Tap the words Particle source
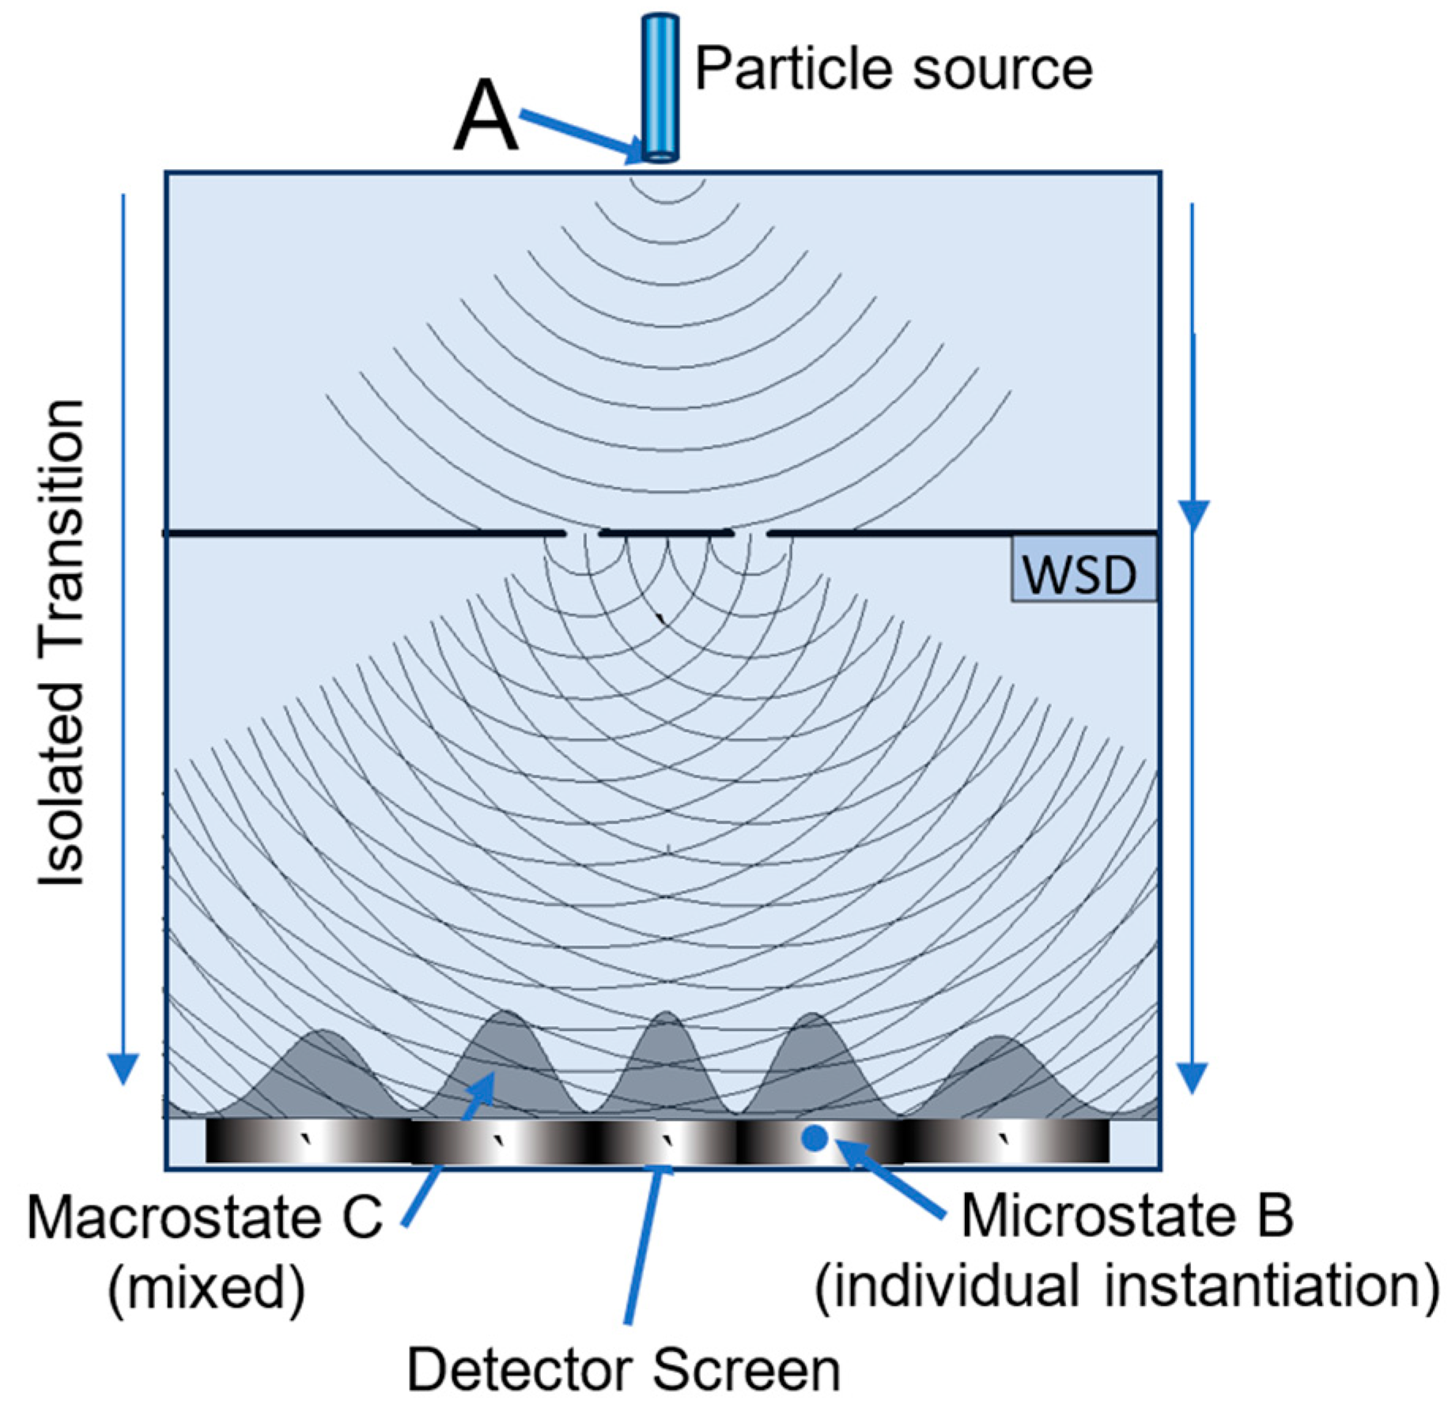pos(893,69)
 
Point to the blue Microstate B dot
pos(814,1138)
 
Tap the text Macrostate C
pos(204,1217)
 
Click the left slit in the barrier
pos(583,534)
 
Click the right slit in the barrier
pos(751,534)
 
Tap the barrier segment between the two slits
pos(666,534)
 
